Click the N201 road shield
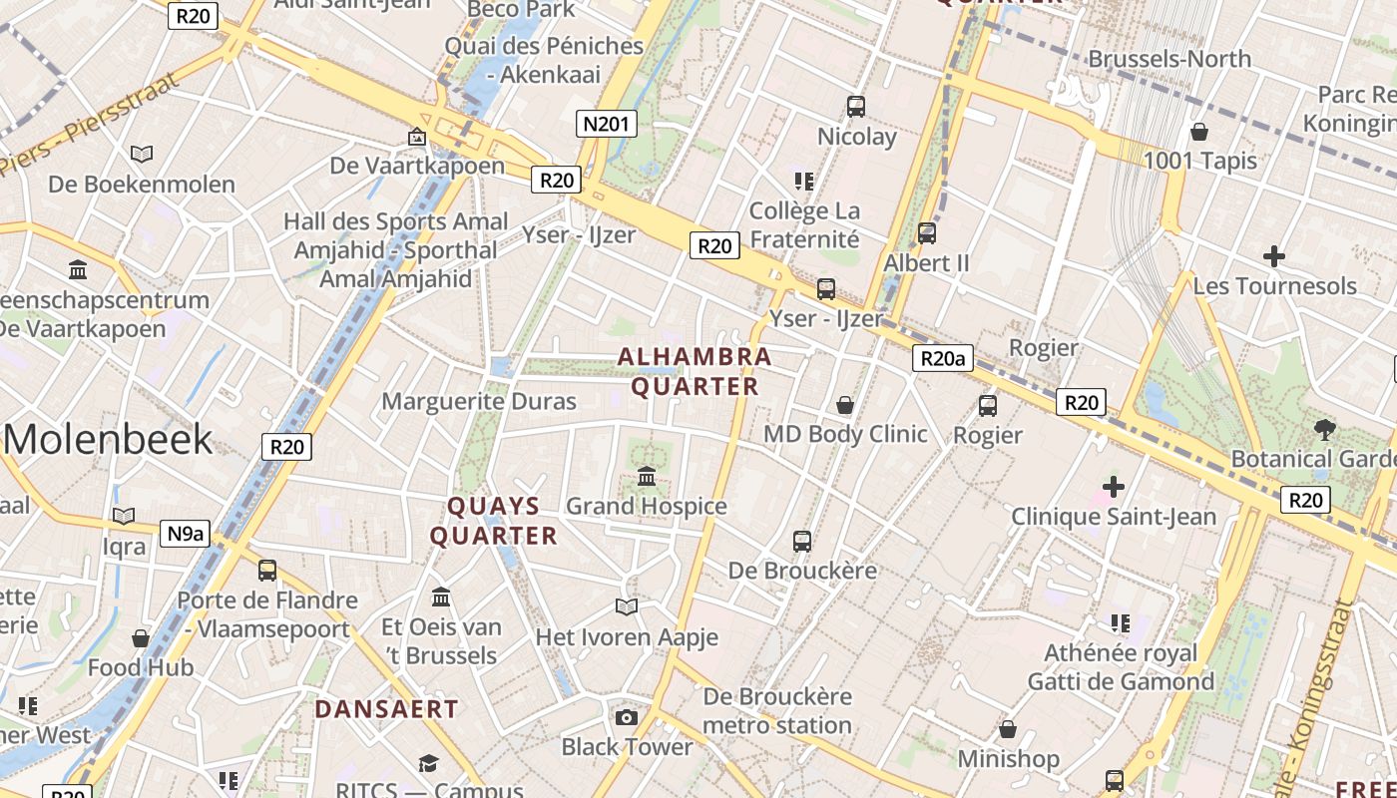pos(607,124)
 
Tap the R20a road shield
pos(942,358)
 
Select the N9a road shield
pos(185,534)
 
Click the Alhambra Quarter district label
pos(695,371)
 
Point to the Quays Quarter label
pos(494,521)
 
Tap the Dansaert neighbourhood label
pos(387,709)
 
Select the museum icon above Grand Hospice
pos(647,477)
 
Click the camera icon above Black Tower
pos(627,717)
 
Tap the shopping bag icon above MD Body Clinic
pos(845,405)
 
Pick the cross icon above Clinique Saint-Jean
pos(1114,487)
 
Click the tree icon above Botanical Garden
pos(1325,430)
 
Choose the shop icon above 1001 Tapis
pos(1199,132)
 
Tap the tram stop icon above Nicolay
pos(856,107)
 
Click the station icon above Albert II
pos(927,233)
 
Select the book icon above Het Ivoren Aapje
pos(627,606)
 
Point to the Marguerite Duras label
pos(479,401)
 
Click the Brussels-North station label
pos(1169,59)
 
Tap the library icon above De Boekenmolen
pos(142,155)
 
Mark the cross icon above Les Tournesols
pos(1274,256)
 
